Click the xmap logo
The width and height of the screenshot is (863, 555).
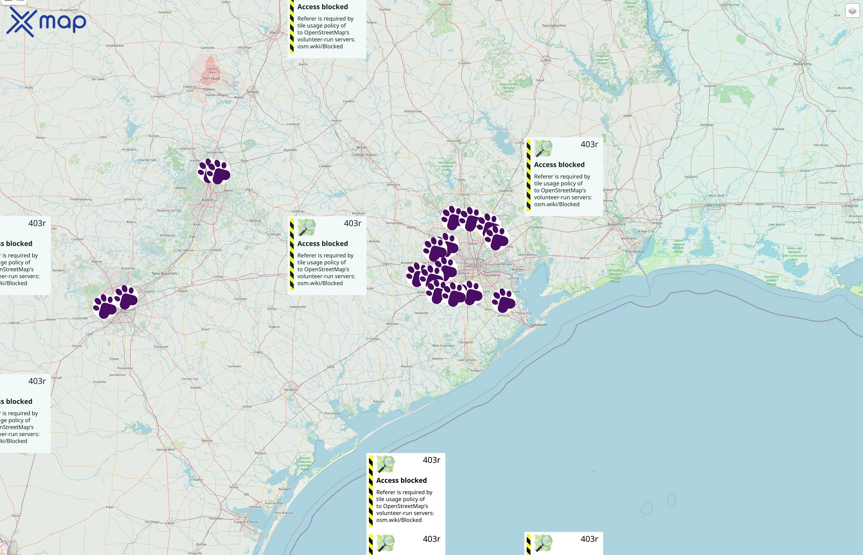pyautogui.click(x=46, y=22)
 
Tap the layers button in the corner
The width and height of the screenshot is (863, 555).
pyautogui.click(x=852, y=11)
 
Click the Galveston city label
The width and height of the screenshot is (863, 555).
pyautogui.click(x=538, y=325)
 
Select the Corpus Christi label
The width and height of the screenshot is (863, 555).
pyautogui.click(x=245, y=521)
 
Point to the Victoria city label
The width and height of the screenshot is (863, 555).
pyautogui.click(x=290, y=390)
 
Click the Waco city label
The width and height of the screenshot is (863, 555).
pyautogui.click(x=274, y=32)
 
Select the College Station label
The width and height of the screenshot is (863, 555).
pyautogui.click(x=364, y=154)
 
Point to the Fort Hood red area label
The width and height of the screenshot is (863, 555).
pyautogui.click(x=211, y=78)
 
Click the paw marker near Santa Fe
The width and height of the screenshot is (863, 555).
pyautogui.click(x=504, y=301)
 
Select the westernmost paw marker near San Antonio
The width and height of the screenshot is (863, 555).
pyautogui.click(x=105, y=307)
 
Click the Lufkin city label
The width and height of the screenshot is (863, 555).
pyautogui.click(x=545, y=60)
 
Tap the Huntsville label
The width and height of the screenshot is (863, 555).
pyautogui.click(x=453, y=141)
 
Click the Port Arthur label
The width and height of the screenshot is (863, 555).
pyautogui.click(x=635, y=252)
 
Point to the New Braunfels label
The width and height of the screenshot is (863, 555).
pyautogui.click(x=164, y=273)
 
